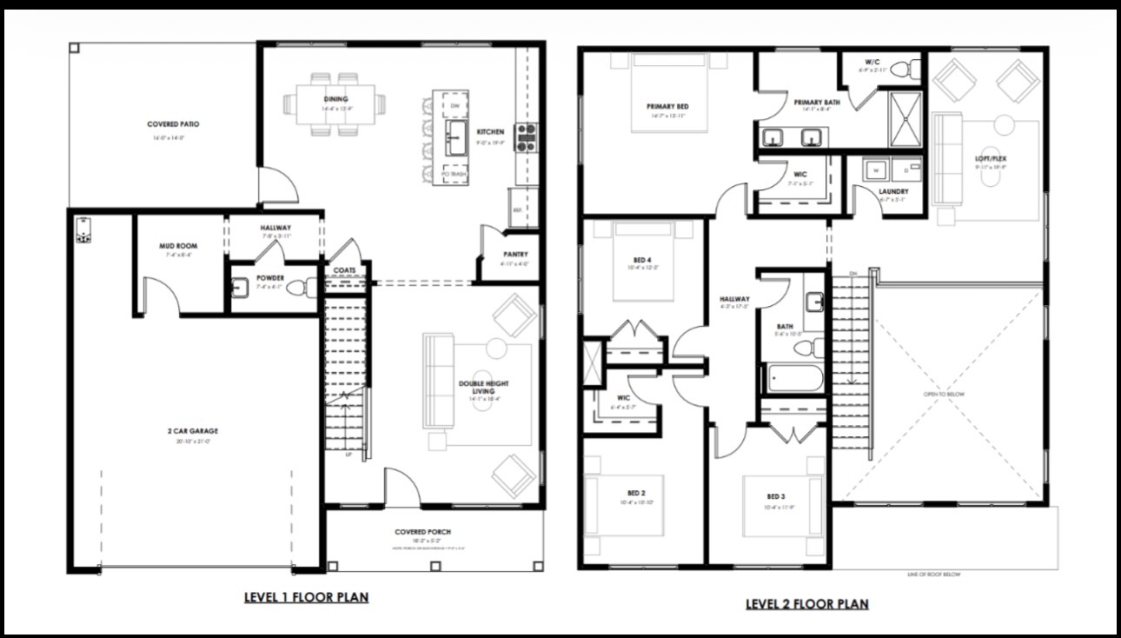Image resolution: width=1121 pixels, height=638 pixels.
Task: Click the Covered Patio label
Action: click(173, 124)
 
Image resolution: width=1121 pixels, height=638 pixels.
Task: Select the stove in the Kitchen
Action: click(527, 137)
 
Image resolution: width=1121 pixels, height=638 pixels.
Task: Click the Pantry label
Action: click(514, 255)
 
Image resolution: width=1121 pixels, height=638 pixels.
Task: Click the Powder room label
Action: click(269, 278)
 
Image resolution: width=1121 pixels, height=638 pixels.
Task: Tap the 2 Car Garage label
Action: click(193, 431)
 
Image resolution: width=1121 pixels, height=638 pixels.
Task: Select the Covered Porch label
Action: click(422, 532)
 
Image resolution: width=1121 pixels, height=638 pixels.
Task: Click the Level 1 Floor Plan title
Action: click(306, 597)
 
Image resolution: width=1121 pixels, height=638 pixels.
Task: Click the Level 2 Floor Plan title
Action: click(806, 603)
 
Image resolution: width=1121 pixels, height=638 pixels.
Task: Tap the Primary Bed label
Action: click(667, 107)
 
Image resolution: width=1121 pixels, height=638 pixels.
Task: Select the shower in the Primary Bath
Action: click(904, 119)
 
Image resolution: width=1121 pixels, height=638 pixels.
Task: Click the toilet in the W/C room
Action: click(906, 66)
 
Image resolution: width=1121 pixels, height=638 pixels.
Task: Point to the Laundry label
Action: click(892, 191)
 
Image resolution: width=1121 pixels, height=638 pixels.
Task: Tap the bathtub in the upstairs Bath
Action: click(793, 379)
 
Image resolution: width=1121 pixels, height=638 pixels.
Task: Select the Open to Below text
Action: click(944, 394)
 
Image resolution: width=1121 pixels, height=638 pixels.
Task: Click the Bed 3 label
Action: click(775, 497)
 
